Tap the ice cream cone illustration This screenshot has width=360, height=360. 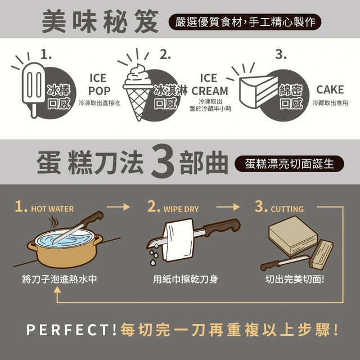point(138,92)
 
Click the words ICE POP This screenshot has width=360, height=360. point(99,84)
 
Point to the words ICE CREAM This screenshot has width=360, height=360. point(210,84)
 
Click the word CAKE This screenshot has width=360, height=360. point(330,89)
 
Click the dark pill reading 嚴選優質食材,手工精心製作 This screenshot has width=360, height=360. point(245,22)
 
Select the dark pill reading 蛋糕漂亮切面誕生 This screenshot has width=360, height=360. point(289,164)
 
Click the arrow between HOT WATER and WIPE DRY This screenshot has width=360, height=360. point(118,207)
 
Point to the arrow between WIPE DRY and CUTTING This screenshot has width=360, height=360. point(228,207)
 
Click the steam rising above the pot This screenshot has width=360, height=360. point(53,222)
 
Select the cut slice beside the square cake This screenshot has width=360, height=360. point(321,254)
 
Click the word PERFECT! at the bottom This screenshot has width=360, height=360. point(71,330)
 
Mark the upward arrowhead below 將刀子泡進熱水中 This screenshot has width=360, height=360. point(57,290)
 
